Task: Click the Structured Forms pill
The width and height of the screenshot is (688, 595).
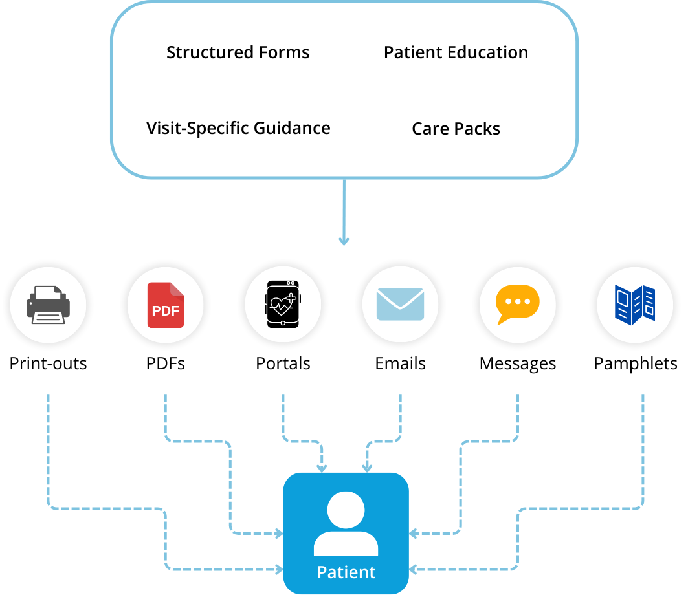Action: [x=238, y=52]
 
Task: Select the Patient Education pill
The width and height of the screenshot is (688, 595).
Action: [x=456, y=52]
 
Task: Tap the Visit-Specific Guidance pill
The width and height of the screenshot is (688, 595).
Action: [x=238, y=127]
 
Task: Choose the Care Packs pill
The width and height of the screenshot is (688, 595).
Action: [x=456, y=128]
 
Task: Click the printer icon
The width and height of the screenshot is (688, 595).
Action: [x=48, y=305]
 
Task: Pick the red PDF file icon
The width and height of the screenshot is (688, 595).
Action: [x=166, y=305]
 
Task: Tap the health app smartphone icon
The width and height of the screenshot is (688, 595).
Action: [x=283, y=305]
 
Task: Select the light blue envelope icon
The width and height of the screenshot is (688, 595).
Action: [x=400, y=305]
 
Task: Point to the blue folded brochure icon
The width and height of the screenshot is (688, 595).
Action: [x=634, y=305]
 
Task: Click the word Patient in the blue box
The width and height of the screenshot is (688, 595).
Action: [x=346, y=572]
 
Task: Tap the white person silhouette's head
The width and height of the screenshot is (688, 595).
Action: [x=346, y=510]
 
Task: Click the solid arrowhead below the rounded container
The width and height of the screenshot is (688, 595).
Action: [x=344, y=241]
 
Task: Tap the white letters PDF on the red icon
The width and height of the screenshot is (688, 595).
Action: [x=166, y=311]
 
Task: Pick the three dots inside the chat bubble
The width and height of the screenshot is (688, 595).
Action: [x=517, y=301]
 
